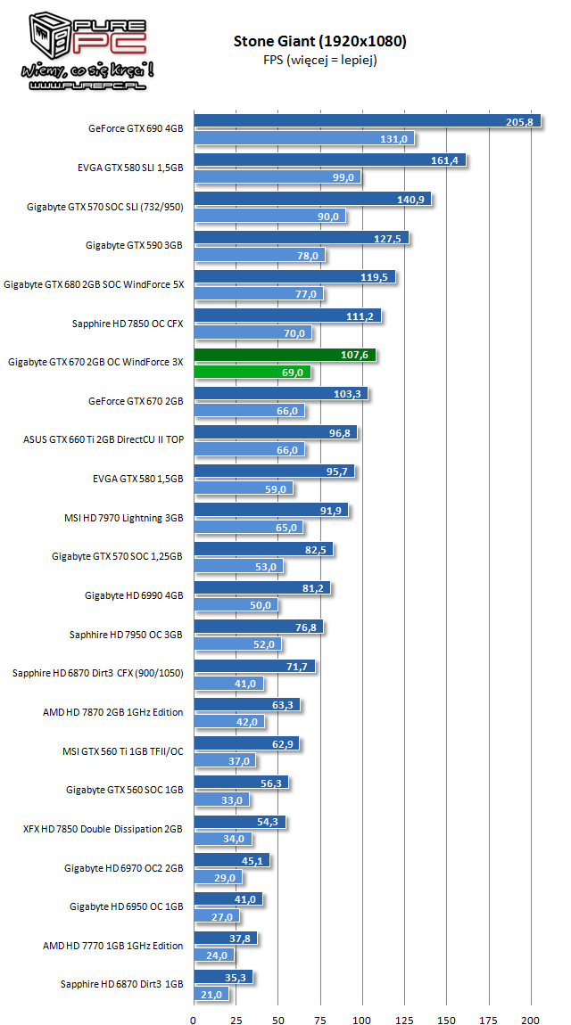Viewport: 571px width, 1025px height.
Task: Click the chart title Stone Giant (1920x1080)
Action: point(320,41)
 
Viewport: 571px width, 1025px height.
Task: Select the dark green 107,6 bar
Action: point(284,355)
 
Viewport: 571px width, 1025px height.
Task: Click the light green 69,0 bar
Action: point(252,372)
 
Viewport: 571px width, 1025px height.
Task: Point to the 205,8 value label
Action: point(518,121)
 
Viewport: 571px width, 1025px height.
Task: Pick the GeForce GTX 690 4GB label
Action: point(136,128)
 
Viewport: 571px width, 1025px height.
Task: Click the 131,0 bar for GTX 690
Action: point(303,138)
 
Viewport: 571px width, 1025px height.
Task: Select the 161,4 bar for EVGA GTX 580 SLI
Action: point(329,160)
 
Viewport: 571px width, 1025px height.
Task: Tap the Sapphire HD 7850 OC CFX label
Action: point(128,324)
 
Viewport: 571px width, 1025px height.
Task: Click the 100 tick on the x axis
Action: point(362,996)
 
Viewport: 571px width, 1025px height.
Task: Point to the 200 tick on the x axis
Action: point(531,996)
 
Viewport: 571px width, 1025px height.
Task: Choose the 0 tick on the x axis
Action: point(194,996)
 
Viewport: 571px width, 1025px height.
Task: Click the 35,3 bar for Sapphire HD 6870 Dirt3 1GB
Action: point(223,977)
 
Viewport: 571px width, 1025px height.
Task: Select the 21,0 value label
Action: point(213,994)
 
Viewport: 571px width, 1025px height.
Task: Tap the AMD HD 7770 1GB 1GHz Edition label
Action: point(112,946)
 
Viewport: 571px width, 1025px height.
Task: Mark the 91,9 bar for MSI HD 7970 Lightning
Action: point(270,511)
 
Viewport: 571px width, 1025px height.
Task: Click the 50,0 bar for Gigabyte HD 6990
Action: point(236,605)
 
